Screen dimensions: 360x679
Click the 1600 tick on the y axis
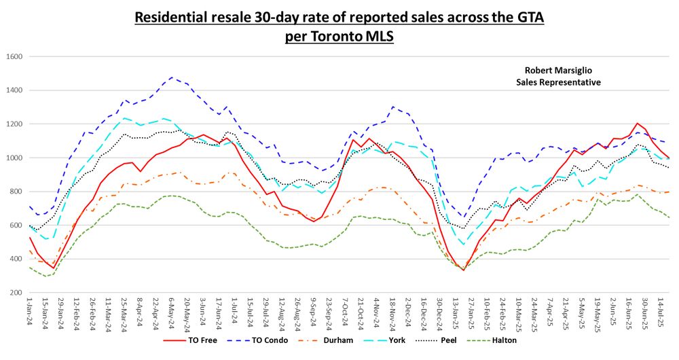point(14,56)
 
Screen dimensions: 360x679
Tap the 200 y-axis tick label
point(16,293)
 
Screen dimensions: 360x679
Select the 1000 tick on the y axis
point(14,158)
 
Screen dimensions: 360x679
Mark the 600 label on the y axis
point(16,226)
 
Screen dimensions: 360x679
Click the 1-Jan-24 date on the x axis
point(29,314)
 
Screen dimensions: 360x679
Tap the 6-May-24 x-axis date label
point(172,314)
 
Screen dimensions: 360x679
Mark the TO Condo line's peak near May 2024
point(172,77)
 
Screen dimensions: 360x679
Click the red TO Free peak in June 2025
point(637,124)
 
